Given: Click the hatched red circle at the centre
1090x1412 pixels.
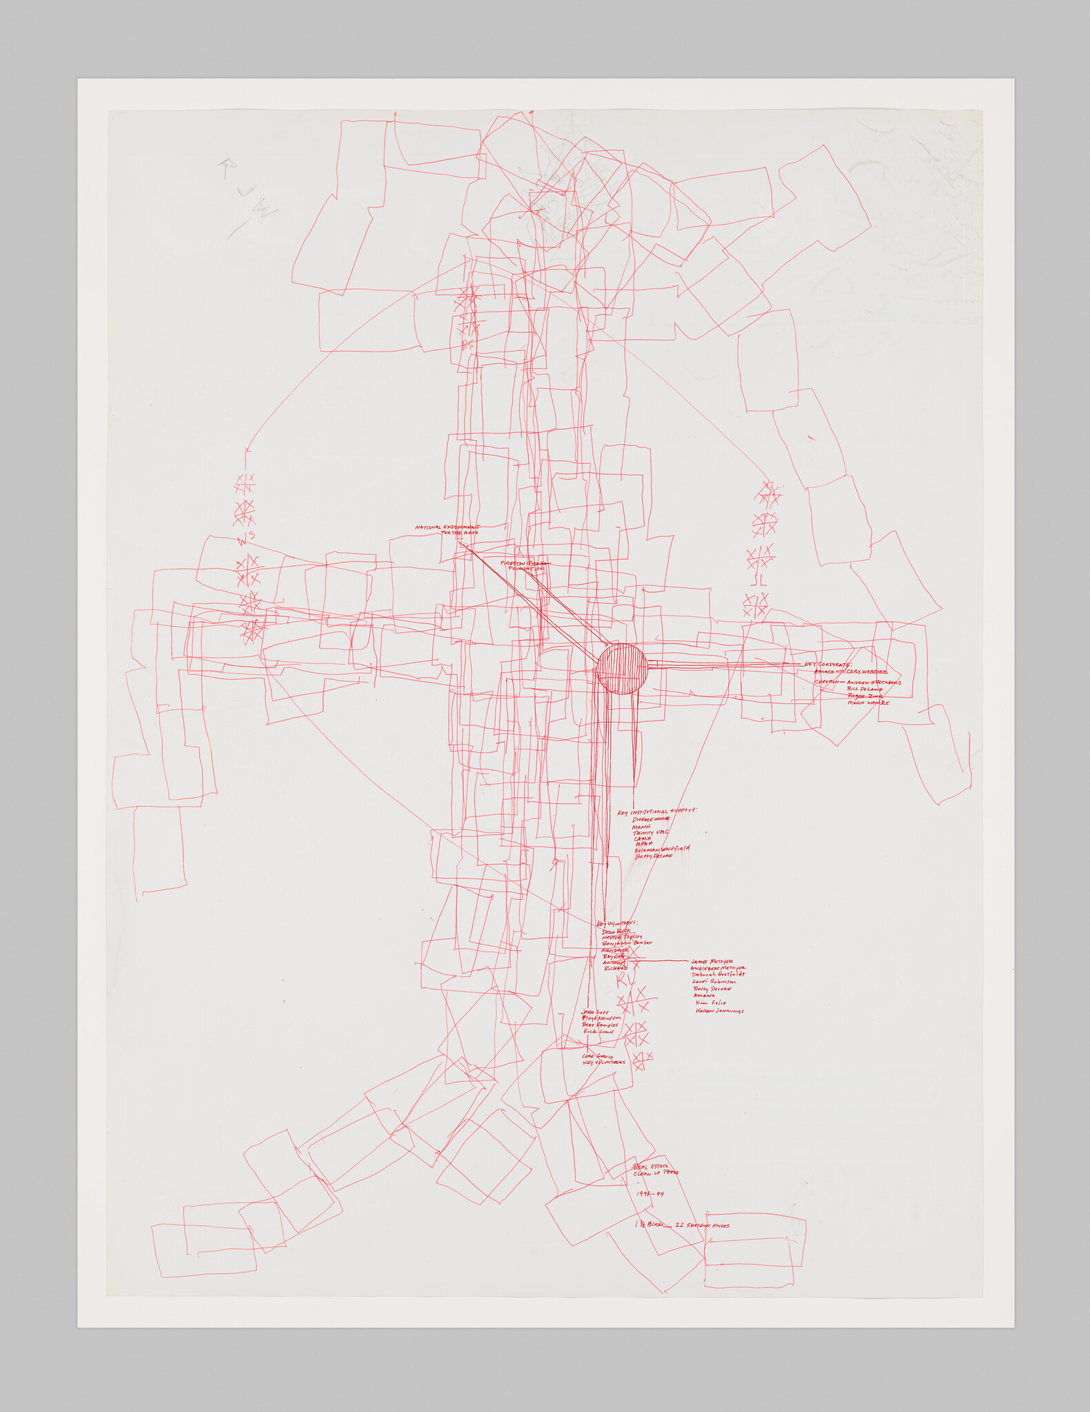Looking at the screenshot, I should pos(621,668).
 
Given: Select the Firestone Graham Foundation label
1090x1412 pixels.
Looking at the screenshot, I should pos(527,565).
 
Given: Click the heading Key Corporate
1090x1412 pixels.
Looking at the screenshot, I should pos(829,664).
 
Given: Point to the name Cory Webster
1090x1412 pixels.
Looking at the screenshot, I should pos(867,671).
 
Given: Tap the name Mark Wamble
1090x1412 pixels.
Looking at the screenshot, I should pos(868,703).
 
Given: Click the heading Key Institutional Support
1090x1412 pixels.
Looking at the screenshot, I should pos(658,811).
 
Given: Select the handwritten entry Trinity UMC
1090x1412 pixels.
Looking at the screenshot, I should pos(651,833).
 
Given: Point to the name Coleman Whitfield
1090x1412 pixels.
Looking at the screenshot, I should pos(661,849).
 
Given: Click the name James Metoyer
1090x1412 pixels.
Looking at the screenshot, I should pos(712,961).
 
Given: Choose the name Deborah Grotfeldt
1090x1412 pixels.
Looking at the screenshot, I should pos(719,975).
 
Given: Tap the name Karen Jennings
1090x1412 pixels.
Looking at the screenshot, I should pos(719,1011).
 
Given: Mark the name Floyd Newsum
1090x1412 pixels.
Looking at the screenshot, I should pos(602,1018).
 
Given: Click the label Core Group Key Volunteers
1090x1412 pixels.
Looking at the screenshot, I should pos(603,1060).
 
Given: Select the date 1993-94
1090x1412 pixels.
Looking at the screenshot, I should pos(650,1193).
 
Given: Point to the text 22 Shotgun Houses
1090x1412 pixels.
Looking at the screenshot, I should pos(703,1225).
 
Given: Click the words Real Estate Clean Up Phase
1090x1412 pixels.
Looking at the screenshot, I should pos(656,1169).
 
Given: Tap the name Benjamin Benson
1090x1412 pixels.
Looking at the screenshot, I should pos(627,942).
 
